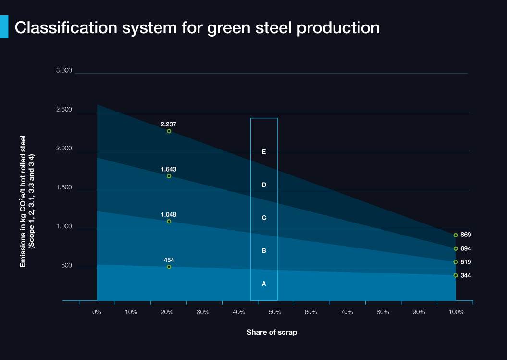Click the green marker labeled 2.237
[169, 131]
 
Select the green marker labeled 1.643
[169, 176]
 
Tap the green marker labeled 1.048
[169, 222]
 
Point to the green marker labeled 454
[169, 267]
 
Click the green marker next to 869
[456, 236]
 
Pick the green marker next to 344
[456, 275]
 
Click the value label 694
[465, 249]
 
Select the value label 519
[465, 262]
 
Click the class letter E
[264, 152]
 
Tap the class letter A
[264, 284]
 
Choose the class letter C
[264, 218]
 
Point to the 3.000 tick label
[64, 71]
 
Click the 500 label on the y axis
[66, 266]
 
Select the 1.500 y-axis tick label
[64, 188]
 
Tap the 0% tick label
[97, 312]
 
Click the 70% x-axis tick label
[346, 312]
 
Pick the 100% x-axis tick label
[457, 312]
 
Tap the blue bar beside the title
[4, 27]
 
